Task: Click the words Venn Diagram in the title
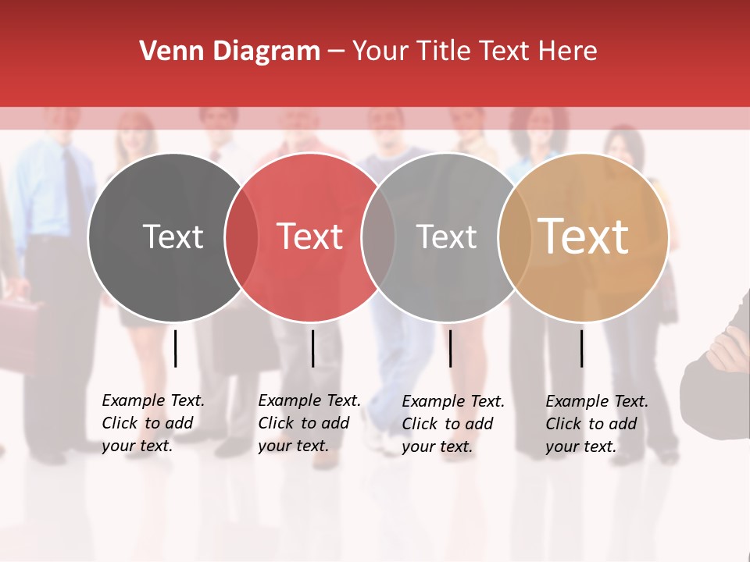[229, 52]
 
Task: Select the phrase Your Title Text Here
[474, 52]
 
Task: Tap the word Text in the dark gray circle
[173, 237]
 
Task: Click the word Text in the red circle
[310, 237]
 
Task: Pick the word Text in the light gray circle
[446, 237]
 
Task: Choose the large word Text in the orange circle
[584, 237]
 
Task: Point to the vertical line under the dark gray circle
[175, 348]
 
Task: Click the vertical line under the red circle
[312, 348]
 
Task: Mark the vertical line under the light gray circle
[450, 348]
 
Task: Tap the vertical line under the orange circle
[582, 348]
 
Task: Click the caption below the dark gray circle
[153, 423]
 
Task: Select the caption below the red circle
[309, 423]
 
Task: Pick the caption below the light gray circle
[453, 424]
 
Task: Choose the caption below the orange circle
[597, 424]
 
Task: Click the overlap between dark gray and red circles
[241, 237]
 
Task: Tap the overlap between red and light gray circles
[378, 237]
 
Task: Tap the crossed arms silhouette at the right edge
[715, 367]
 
